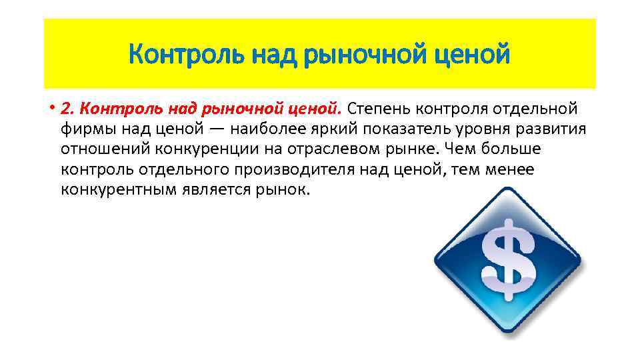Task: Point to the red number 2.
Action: click(65, 108)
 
